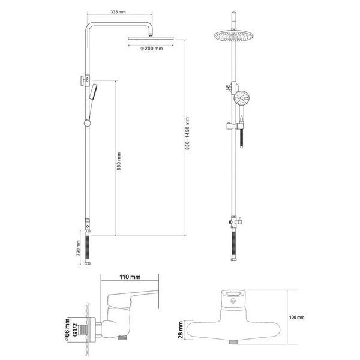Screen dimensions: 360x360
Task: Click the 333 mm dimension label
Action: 118,12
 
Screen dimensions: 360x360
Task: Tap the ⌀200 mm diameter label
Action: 152,49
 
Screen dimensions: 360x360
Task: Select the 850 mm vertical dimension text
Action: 119,161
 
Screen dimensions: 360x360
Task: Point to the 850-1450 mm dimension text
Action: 187,133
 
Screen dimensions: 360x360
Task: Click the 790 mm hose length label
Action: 78,248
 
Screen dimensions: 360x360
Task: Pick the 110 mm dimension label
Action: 130,277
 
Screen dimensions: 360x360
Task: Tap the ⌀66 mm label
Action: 67,330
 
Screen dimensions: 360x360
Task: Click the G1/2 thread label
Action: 75,330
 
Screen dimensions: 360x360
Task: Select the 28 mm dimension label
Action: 181,330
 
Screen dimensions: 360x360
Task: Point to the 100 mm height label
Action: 296,317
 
